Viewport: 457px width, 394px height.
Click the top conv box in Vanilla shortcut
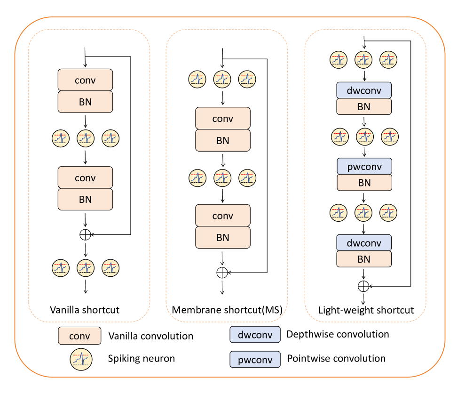(85, 80)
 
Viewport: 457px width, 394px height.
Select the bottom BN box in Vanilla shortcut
(85, 199)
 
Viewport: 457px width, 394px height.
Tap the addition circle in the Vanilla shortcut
(85, 234)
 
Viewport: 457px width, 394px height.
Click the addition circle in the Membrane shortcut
(222, 273)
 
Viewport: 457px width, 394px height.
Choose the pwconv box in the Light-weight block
(364, 166)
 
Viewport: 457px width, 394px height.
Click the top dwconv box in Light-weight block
(364, 90)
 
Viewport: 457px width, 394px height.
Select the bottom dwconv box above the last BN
(364, 243)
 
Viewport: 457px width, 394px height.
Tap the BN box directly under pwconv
(364, 183)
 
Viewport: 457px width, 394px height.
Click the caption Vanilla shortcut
(85, 310)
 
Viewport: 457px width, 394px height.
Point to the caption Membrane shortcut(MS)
(223, 310)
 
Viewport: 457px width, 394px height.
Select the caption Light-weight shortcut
(366, 310)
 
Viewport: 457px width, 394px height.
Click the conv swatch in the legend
(79, 336)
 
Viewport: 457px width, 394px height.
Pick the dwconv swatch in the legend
(255, 335)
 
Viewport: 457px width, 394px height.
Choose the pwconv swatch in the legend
(255, 359)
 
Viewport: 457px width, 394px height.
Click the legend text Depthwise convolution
(338, 334)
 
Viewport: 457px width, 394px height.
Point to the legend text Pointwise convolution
(336, 358)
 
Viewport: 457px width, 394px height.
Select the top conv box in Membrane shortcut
(222, 119)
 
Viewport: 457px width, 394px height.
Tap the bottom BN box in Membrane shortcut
(222, 237)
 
